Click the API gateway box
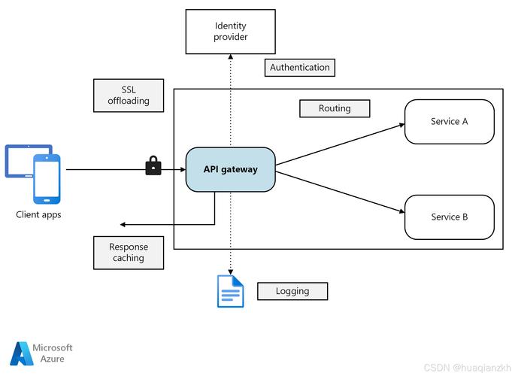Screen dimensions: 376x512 [x=230, y=169]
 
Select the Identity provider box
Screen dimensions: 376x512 [x=231, y=32]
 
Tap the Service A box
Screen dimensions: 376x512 [x=450, y=121]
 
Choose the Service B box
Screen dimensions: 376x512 [x=450, y=217]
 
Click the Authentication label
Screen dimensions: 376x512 [x=299, y=68]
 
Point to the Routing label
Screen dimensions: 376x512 [x=335, y=108]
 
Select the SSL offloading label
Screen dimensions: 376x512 [x=129, y=96]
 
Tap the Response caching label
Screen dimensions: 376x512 [x=129, y=253]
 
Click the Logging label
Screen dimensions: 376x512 [x=292, y=291]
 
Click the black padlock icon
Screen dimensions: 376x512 [x=153, y=165]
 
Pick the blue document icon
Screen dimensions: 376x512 [x=231, y=291]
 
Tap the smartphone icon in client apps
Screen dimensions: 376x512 [x=46, y=179]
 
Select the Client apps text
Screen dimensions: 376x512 [x=38, y=215]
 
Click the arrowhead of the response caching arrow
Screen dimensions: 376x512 [x=124, y=224]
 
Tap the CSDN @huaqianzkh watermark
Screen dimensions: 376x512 [x=465, y=368]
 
